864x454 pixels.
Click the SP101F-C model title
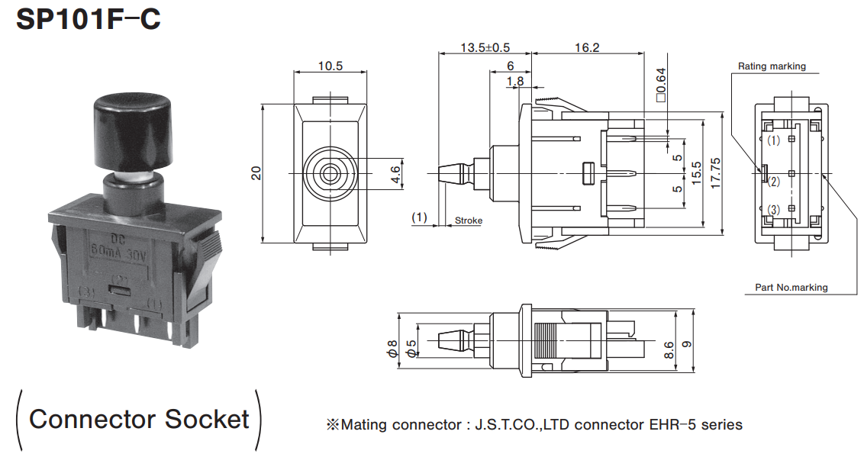(89, 19)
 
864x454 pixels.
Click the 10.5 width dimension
(330, 66)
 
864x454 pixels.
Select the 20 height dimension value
(256, 174)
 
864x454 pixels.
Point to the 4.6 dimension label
(395, 174)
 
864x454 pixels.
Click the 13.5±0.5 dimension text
(485, 47)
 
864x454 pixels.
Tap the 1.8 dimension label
(515, 81)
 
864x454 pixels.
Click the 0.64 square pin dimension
(661, 85)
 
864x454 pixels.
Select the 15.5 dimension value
(695, 174)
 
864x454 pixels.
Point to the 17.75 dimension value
(715, 174)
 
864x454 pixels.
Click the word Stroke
(469, 221)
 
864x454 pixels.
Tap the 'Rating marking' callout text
(772, 66)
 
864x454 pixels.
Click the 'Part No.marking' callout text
(791, 288)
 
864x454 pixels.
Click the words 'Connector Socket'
(139, 418)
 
